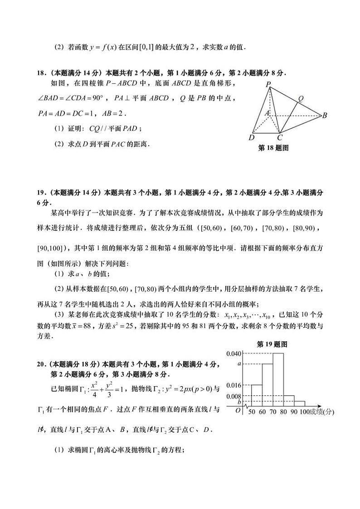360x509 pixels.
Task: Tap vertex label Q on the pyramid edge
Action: pos(301,98)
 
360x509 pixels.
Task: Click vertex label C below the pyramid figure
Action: pos(280,137)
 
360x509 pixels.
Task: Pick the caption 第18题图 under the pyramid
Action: pos(273,148)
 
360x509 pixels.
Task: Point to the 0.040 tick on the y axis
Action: pos(233,353)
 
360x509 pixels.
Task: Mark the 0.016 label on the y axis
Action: pos(233,385)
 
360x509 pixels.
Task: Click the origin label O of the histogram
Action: pos(238,410)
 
